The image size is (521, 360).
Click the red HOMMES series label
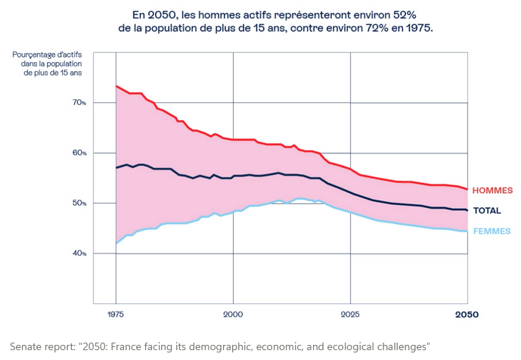coord(493,191)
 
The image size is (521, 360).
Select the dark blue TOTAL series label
coord(487,210)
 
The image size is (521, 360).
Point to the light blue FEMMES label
coord(492,231)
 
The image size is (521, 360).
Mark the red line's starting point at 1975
coord(116,86)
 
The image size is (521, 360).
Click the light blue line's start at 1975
coord(116,243)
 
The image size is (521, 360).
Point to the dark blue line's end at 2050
coord(467,209)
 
